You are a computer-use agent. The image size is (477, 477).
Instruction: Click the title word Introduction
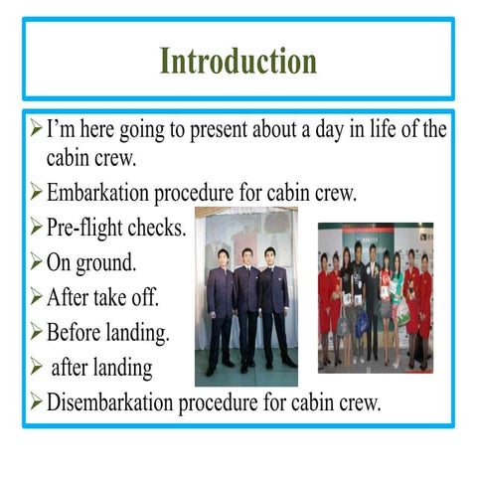tap(238, 61)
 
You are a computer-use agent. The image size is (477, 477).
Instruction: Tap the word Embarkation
tap(101, 192)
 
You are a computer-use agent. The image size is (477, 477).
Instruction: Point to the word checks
tap(156, 228)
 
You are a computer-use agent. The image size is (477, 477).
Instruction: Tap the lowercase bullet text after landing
tap(102, 367)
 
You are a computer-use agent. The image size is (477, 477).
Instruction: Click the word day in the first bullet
tap(322, 129)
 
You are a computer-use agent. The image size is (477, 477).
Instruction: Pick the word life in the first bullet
tap(376, 129)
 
